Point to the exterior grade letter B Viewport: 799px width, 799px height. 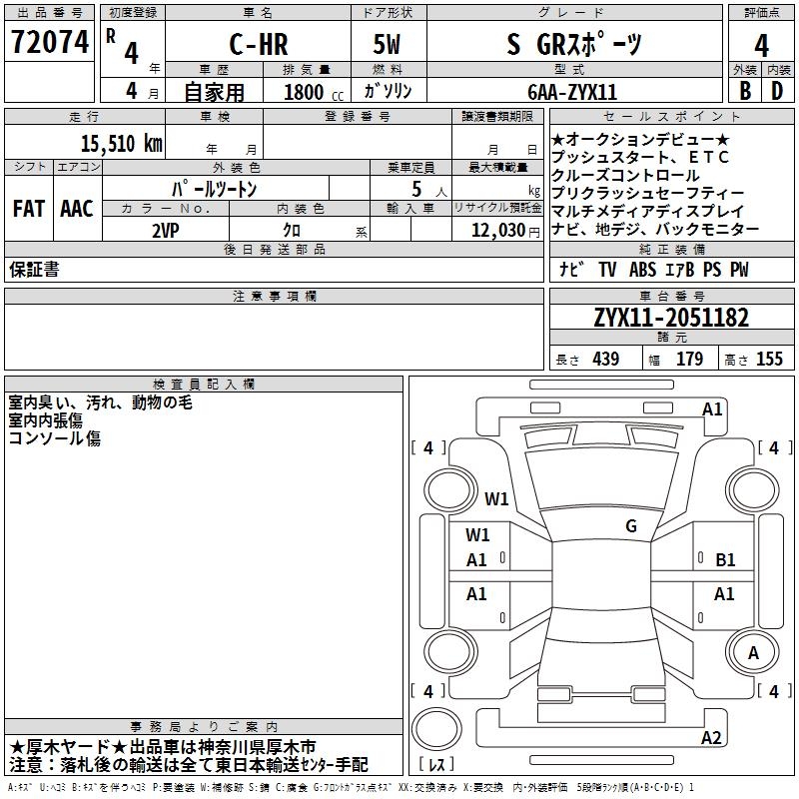point(744,89)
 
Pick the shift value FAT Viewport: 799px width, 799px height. point(28,209)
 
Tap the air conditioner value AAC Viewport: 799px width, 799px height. point(76,209)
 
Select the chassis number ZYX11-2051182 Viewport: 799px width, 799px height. point(670,319)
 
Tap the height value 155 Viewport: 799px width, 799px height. point(769,359)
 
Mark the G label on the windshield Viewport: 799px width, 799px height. point(630,525)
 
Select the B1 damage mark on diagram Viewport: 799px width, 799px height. point(725,560)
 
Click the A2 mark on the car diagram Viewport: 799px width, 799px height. point(711,738)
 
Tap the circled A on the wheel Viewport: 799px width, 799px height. point(754,652)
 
